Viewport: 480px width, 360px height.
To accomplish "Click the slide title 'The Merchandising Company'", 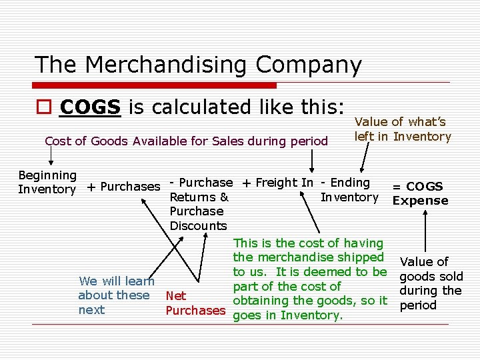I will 198,65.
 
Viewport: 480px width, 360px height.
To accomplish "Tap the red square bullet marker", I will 43,107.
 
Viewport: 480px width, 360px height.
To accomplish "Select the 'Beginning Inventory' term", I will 47,182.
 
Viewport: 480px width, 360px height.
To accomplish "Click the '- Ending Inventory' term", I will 348,189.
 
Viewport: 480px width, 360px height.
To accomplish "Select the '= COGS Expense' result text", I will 420,193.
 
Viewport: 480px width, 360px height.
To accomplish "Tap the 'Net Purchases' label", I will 195,303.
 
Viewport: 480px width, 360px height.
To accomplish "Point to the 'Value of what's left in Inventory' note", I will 403,129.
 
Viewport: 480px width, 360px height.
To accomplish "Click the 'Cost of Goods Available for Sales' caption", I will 186,141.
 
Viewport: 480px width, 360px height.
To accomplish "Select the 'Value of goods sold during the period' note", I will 430,283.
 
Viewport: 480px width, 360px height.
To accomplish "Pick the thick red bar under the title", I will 155,85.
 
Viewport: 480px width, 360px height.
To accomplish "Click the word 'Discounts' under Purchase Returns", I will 198,225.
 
